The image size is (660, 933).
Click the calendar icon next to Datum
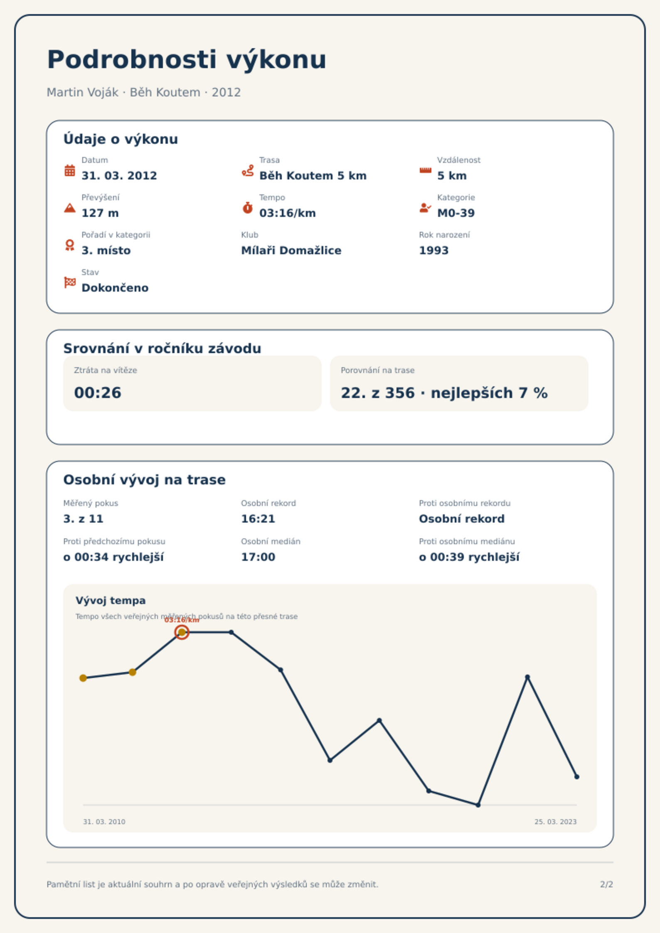click(x=70, y=170)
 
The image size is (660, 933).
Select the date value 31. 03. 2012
click(x=119, y=176)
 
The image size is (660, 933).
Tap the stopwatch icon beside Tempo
click(x=248, y=208)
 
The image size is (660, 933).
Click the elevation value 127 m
click(x=100, y=213)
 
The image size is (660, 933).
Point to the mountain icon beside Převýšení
click(x=70, y=208)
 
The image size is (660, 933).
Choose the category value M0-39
click(x=456, y=213)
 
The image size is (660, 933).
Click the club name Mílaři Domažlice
click(x=291, y=250)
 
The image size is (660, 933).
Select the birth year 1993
click(x=434, y=250)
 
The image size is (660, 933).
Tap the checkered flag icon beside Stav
click(x=70, y=282)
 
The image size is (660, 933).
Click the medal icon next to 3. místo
click(x=70, y=245)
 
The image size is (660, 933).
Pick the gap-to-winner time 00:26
click(x=98, y=393)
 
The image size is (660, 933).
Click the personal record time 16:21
click(x=258, y=519)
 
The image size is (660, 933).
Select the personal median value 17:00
click(x=258, y=557)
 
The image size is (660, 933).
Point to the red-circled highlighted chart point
click(x=182, y=632)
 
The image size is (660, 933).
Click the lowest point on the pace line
click(x=478, y=805)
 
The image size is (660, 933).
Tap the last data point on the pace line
click(x=576, y=777)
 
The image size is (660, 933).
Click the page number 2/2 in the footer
click(x=606, y=884)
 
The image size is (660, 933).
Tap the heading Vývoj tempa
click(x=111, y=601)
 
